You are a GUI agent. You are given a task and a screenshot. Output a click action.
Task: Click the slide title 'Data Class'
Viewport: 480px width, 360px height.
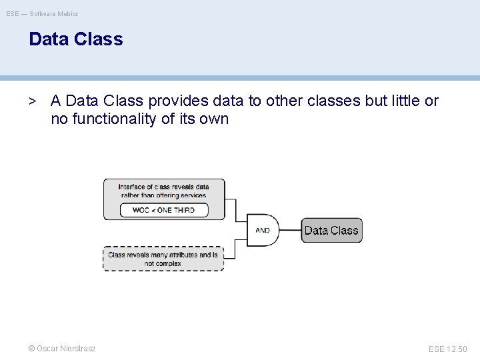pos(76,39)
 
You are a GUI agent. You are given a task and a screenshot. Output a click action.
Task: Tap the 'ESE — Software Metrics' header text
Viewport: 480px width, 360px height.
pos(42,13)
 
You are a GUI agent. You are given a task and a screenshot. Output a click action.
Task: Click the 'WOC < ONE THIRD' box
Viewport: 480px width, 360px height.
pos(164,210)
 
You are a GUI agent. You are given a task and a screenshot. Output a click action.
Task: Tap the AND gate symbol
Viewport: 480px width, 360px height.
pos(263,230)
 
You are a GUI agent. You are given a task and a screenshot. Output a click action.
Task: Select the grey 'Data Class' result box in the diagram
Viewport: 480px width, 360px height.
pos(331,230)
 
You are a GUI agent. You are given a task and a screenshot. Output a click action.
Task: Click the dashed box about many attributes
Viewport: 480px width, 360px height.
pos(163,259)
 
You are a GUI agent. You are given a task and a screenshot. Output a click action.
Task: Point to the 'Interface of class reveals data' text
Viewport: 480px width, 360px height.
pos(164,187)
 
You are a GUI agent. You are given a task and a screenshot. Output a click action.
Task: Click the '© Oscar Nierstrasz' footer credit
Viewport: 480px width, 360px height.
pos(61,349)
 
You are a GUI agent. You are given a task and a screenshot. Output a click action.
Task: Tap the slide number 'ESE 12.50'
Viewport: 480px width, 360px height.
pos(447,349)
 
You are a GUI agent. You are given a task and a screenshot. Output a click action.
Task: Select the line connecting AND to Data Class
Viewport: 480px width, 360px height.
pos(290,230)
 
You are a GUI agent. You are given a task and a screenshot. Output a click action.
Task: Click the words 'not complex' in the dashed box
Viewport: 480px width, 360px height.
pos(163,263)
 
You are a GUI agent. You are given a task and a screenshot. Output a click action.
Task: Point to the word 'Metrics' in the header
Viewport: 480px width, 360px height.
pos(67,13)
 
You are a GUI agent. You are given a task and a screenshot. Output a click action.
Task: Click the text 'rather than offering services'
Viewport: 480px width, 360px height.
pos(164,195)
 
